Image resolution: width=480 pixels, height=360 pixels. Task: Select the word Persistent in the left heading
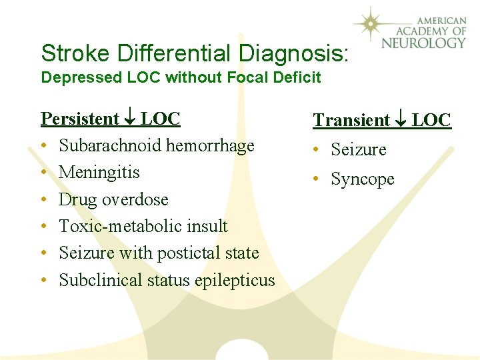pyautogui.click(x=79, y=119)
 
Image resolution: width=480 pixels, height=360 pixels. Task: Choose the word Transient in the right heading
pyautogui.click(x=351, y=120)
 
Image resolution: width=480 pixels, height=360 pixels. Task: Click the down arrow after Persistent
pyautogui.click(x=130, y=119)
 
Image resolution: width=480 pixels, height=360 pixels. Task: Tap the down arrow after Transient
pyautogui.click(x=401, y=121)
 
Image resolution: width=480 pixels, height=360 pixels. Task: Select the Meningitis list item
pyautogui.click(x=99, y=172)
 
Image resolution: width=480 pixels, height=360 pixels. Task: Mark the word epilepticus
pyautogui.click(x=235, y=280)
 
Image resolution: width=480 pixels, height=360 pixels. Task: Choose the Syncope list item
pyautogui.click(x=363, y=179)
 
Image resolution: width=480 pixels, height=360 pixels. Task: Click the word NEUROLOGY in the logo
pyautogui.click(x=424, y=43)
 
